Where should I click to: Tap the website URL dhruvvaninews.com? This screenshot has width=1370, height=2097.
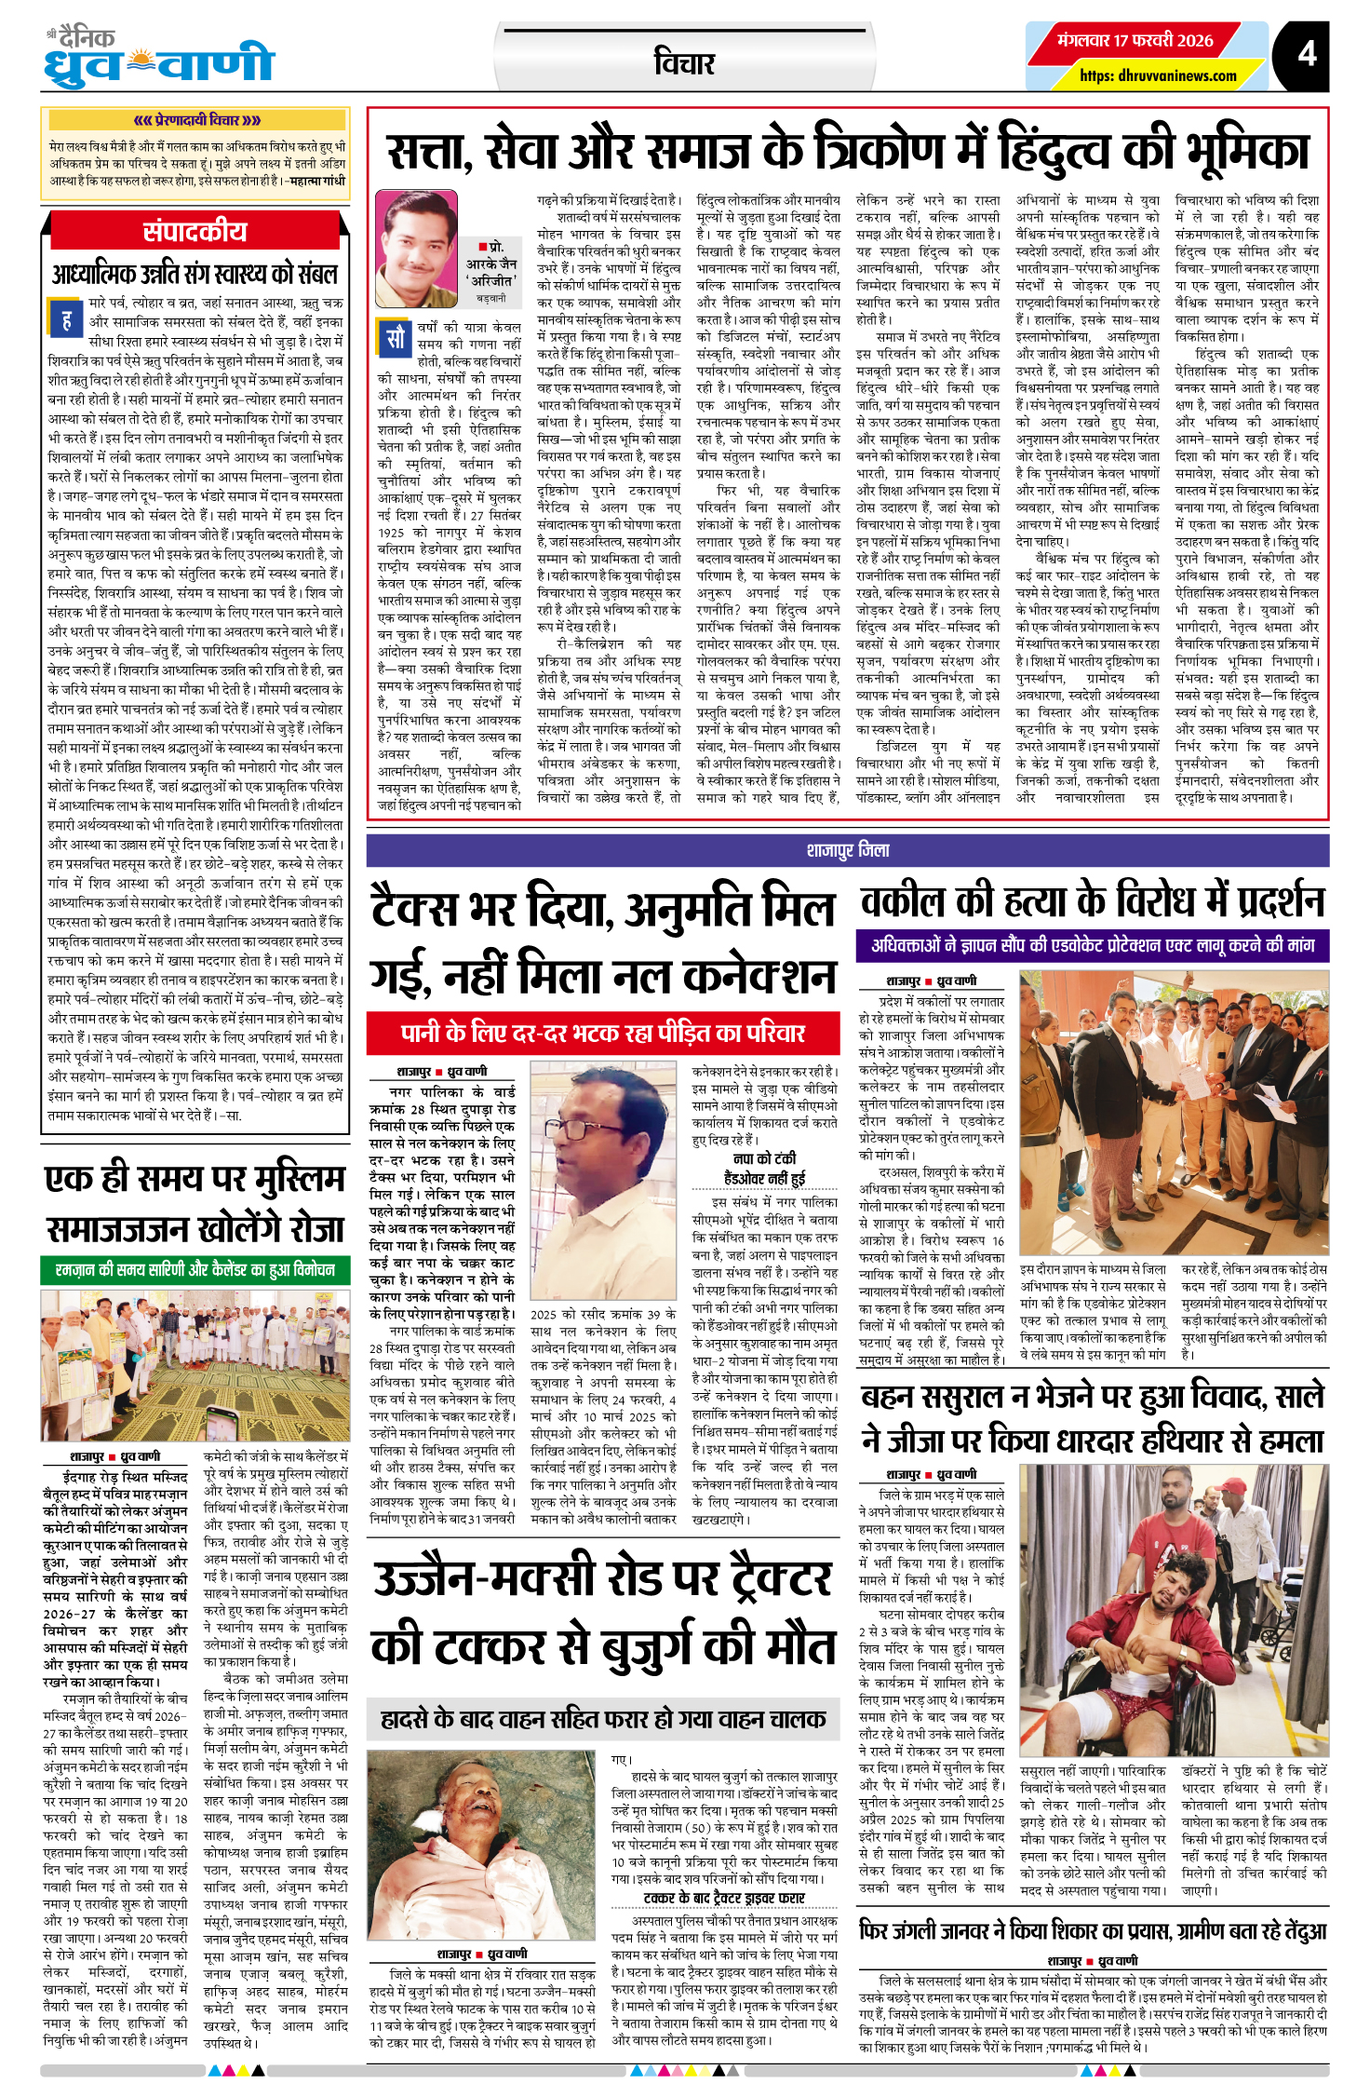1158,75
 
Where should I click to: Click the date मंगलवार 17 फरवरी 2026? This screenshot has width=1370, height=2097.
1135,41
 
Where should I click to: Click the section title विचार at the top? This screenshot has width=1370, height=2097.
684,63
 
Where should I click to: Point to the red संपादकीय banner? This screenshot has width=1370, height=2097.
195,231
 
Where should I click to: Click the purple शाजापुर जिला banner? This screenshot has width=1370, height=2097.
847,850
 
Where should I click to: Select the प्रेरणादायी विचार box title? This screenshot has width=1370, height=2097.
195,120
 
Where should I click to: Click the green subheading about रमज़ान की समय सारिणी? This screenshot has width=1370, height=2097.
195,1270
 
